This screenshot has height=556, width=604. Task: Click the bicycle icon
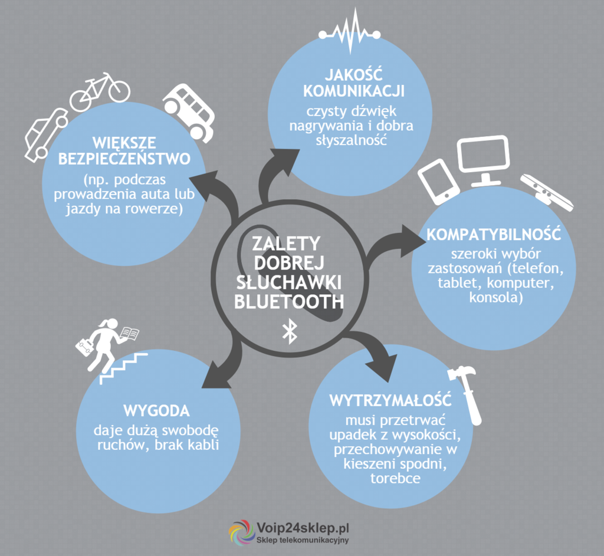[x=99, y=91]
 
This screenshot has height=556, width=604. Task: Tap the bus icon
[x=188, y=113]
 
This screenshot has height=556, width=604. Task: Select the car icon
[x=45, y=134]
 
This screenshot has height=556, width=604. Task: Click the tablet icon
[x=439, y=182]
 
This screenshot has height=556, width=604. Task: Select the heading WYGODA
[x=156, y=411]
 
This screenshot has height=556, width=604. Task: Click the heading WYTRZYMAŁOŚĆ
[x=390, y=400]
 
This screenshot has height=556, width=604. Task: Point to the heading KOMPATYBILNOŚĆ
[x=494, y=234]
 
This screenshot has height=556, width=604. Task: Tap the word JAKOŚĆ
[x=354, y=74]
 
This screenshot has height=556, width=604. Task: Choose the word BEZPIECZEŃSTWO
[x=124, y=158]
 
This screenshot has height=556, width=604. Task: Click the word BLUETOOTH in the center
[x=289, y=301]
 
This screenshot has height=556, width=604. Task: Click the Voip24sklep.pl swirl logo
[x=241, y=532]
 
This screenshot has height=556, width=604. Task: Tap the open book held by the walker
[x=129, y=333]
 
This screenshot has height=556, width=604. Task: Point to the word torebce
[x=395, y=479]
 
